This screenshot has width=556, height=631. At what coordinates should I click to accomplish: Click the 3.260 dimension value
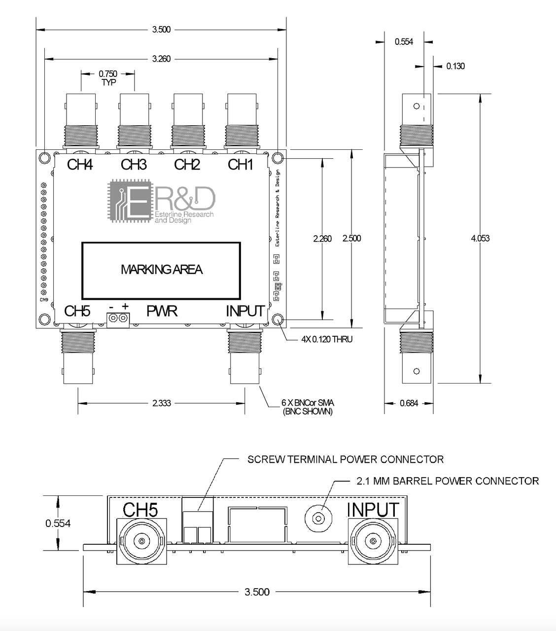161,59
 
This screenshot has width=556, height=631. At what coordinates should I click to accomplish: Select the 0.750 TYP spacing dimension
108,77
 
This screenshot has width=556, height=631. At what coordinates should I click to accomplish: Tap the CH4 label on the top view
80,164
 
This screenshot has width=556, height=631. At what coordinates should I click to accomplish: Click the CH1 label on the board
240,164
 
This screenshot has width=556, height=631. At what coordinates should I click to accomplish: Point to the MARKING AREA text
161,270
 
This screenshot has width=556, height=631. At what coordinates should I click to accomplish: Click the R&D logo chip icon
128,201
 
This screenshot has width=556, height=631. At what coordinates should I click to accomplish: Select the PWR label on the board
162,311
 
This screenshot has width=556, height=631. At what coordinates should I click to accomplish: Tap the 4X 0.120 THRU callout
327,339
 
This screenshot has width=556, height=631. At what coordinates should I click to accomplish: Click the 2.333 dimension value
161,403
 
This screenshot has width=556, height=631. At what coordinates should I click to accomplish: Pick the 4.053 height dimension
480,238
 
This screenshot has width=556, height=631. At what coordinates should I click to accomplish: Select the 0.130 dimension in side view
455,66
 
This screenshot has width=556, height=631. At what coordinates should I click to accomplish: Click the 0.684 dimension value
409,403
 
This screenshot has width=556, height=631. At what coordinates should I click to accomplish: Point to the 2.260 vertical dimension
322,238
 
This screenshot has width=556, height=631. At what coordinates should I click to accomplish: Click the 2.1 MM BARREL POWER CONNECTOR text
447,481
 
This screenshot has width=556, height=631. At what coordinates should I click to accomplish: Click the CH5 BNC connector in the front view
142,541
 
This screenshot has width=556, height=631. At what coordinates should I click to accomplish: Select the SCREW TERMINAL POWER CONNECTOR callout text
345,459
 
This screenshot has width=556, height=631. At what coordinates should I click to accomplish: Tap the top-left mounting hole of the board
45,158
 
